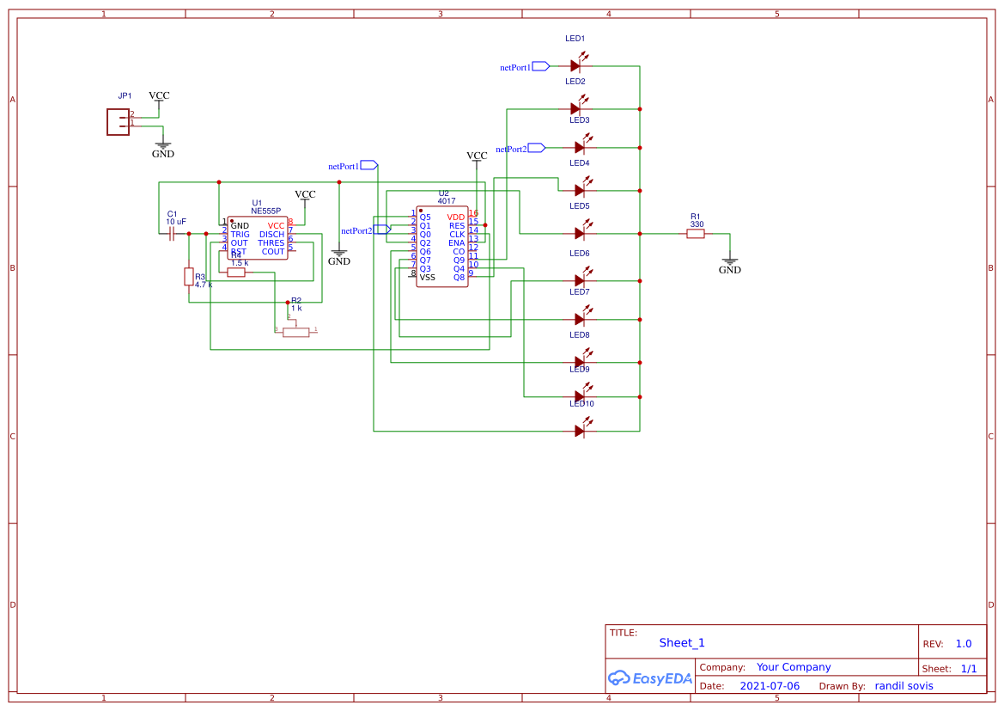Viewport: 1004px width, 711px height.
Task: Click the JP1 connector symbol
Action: pyautogui.click(x=119, y=122)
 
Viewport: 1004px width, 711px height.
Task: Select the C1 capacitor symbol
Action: pyautogui.click(x=172, y=233)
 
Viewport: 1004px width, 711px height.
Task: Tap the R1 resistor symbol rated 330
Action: pyautogui.click(x=696, y=233)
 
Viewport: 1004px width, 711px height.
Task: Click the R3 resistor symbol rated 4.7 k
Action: pyautogui.click(x=188, y=276)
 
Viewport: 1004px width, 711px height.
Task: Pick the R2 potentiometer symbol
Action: pyautogui.click(x=295, y=331)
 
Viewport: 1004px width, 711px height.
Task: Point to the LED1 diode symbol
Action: pyautogui.click(x=580, y=65)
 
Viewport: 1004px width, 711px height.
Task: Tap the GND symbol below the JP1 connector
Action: pyautogui.click(x=162, y=148)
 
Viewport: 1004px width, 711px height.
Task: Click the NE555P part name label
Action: pyautogui.click(x=265, y=211)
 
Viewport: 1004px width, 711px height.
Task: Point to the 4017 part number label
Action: pyautogui.click(x=447, y=201)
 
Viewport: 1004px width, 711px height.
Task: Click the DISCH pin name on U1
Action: pyautogui.click(x=271, y=235)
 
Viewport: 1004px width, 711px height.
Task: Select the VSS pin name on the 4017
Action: pyautogui.click(x=427, y=278)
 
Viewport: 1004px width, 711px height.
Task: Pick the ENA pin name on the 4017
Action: pyautogui.click(x=456, y=243)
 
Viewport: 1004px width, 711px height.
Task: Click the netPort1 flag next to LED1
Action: pyautogui.click(x=540, y=66)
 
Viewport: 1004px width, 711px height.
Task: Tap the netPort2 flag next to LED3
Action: pyautogui.click(x=536, y=148)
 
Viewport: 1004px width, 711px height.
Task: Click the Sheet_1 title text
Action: pyautogui.click(x=682, y=642)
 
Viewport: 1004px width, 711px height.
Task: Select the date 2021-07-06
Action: pyautogui.click(x=770, y=686)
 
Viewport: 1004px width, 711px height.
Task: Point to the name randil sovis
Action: pyautogui.click(x=904, y=686)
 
